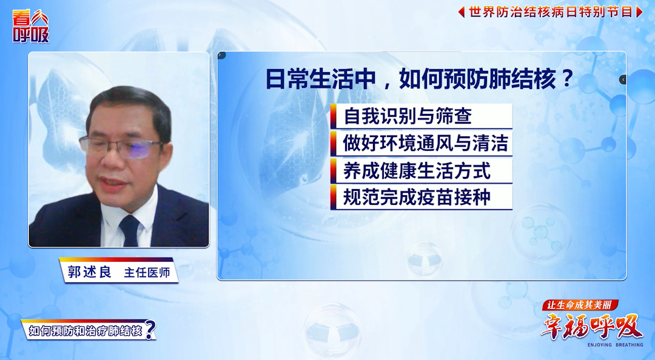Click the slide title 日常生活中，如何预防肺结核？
[x=420, y=80]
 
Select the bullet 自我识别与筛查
[x=408, y=116]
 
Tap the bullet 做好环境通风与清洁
[x=425, y=144]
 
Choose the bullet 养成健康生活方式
[x=417, y=171]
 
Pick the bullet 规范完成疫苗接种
[x=417, y=198]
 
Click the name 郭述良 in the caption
[x=89, y=272]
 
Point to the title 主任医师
[x=147, y=273]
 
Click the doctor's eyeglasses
[x=121, y=146]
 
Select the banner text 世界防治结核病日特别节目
[x=550, y=12]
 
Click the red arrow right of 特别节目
[x=639, y=12]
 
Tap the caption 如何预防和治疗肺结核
[x=85, y=331]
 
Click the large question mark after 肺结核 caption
[x=150, y=330]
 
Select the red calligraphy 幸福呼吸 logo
[x=591, y=327]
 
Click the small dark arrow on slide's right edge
[x=622, y=79]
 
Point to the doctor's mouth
[x=115, y=181]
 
